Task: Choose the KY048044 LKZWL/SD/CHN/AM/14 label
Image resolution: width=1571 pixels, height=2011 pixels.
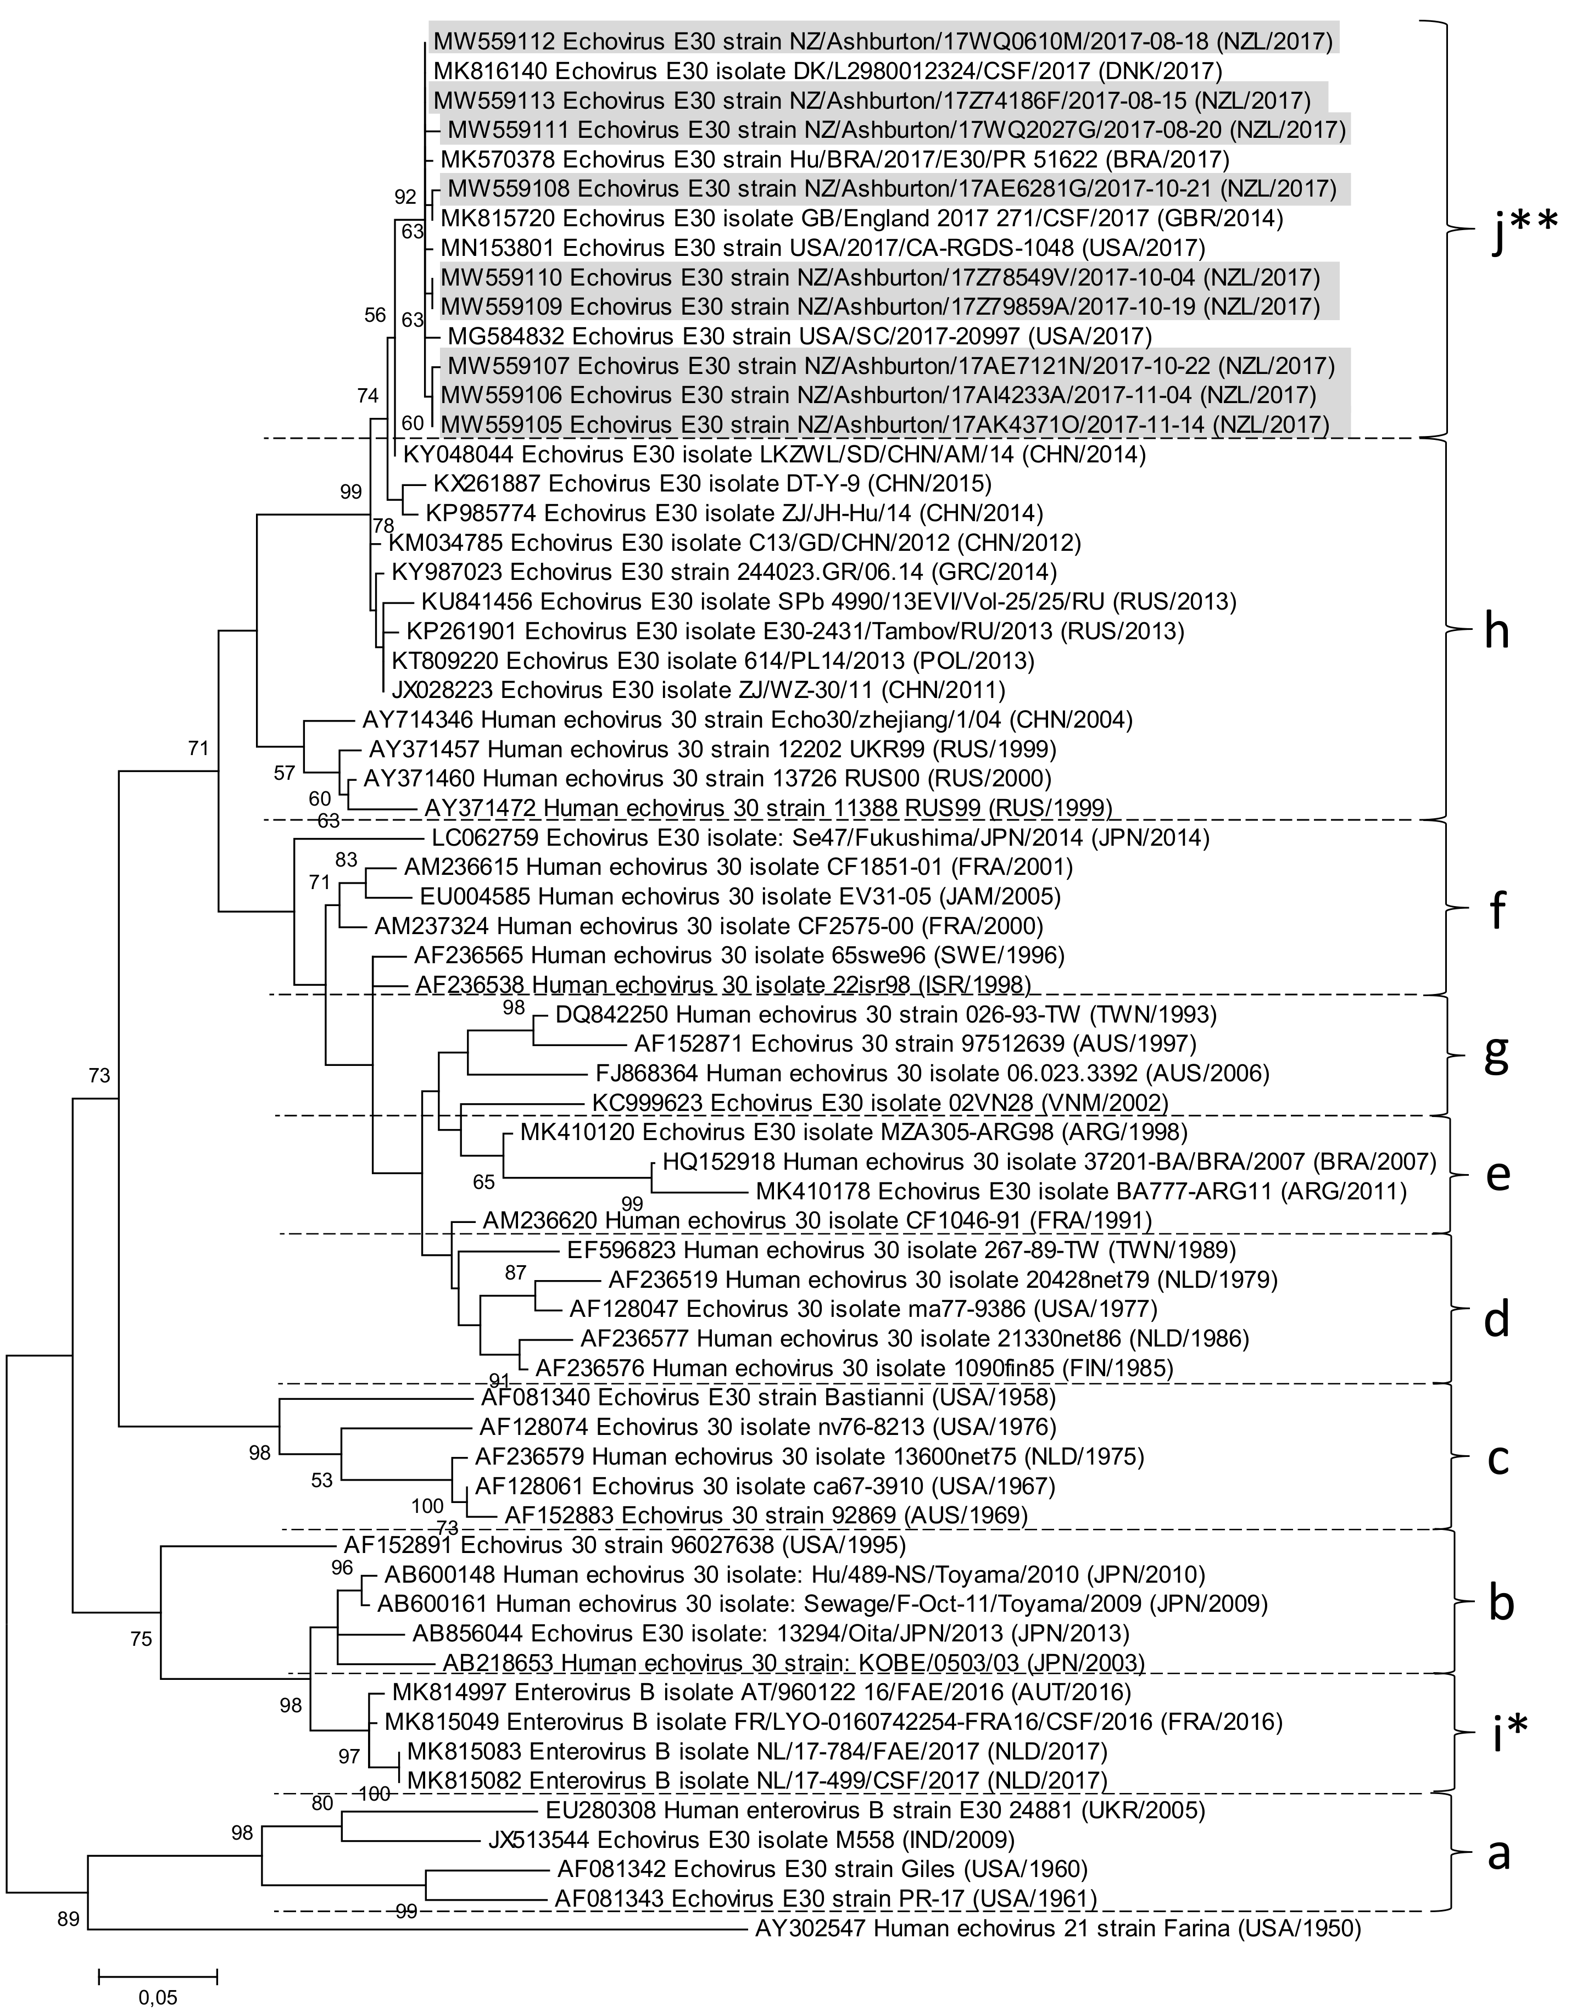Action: point(773,454)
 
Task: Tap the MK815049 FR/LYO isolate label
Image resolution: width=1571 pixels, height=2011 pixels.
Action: point(833,1721)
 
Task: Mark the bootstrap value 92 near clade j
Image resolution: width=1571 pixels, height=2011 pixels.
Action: point(405,196)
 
